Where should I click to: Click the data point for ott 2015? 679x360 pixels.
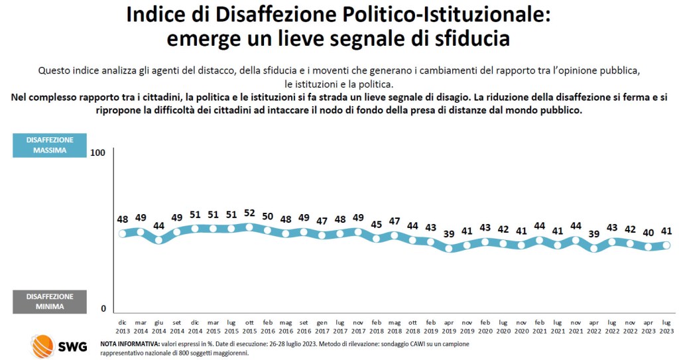[249, 227]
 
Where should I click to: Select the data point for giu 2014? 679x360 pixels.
[158, 239]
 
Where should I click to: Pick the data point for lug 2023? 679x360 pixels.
[666, 245]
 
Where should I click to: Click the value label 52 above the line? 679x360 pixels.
[249, 213]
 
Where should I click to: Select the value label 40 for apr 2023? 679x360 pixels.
[648, 231]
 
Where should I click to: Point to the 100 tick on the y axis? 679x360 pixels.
[98, 152]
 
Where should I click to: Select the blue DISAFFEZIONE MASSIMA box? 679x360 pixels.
[50, 145]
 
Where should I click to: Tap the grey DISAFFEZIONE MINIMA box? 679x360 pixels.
[50, 302]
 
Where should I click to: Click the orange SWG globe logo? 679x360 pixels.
[44, 346]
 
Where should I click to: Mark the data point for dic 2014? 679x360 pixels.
[195, 229]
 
